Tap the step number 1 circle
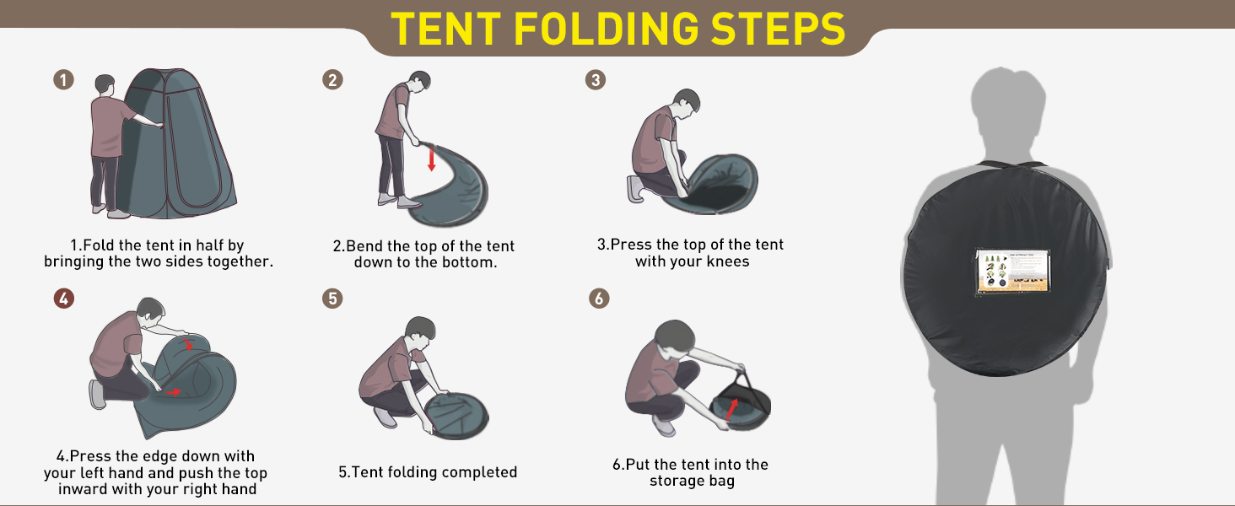(63, 79)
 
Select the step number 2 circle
(332, 80)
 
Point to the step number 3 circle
(596, 80)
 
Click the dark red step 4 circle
(64, 299)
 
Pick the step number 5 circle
(332, 299)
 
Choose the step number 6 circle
(599, 299)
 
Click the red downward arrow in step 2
(432, 159)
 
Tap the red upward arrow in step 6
(732, 408)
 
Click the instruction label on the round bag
(1013, 272)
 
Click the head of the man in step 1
(105, 84)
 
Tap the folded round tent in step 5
(456, 415)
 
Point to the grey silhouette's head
(1008, 103)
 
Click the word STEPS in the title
(778, 29)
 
